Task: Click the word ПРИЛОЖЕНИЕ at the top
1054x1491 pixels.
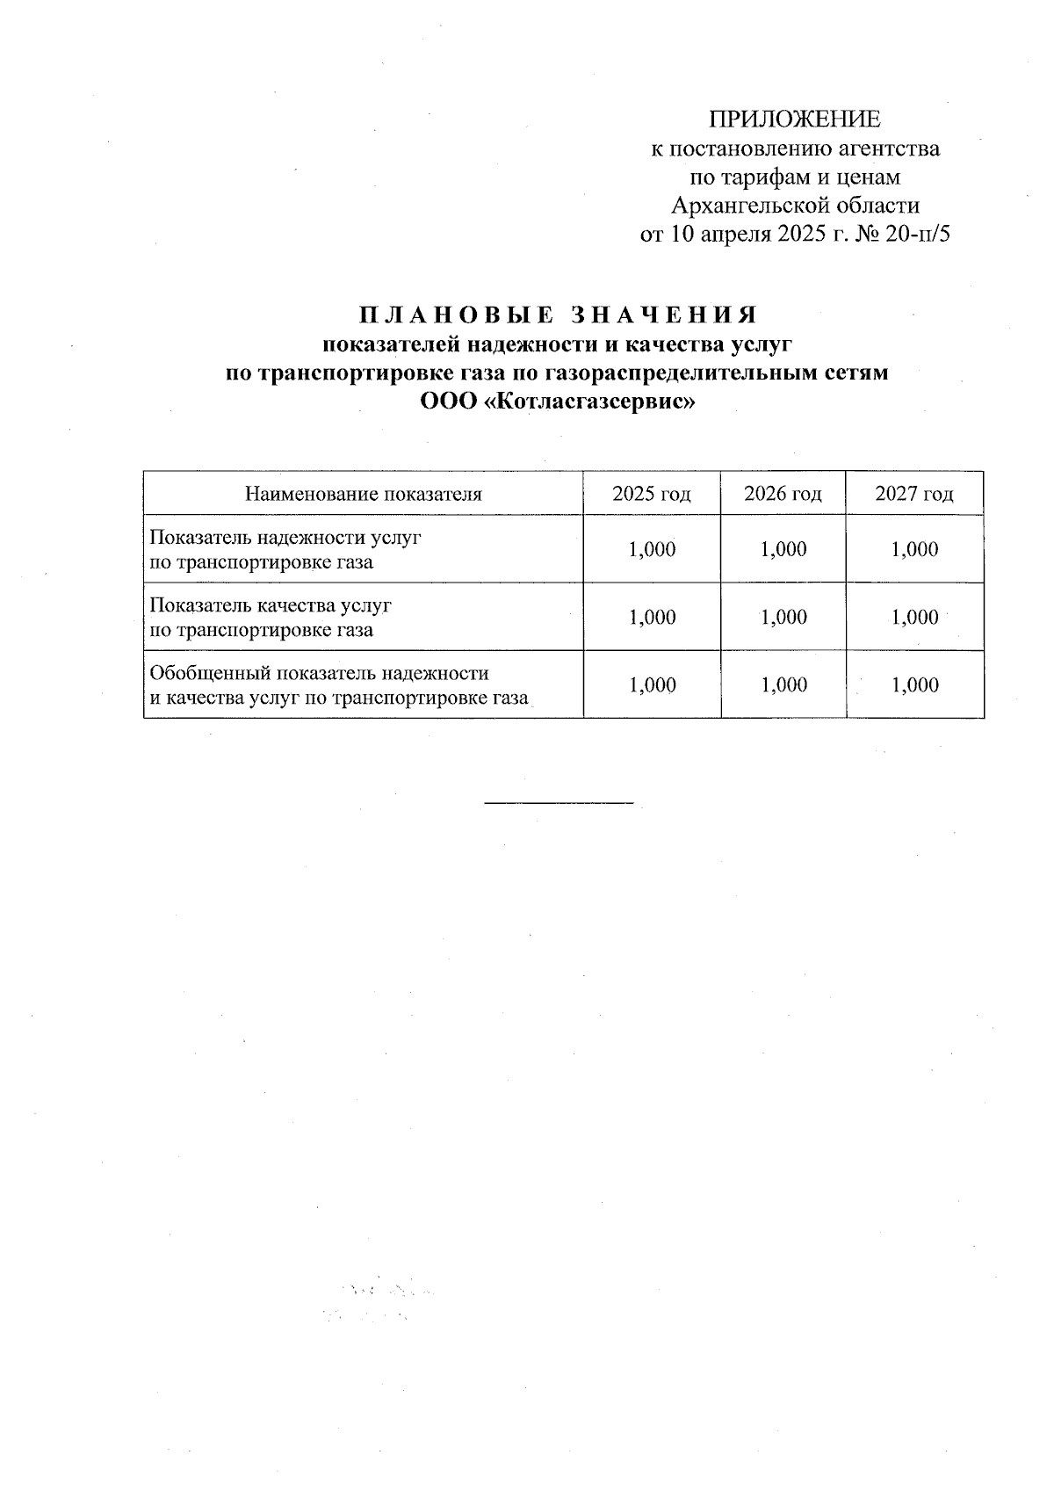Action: point(794,119)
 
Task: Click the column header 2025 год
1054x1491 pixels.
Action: point(652,494)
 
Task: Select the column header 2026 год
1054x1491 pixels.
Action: point(783,494)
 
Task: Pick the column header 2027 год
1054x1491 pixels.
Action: point(914,494)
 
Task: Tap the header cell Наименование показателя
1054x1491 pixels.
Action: point(364,494)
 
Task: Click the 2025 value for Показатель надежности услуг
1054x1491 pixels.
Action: point(652,550)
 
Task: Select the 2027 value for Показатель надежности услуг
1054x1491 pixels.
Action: point(914,550)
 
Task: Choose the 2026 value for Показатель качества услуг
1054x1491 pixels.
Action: point(783,618)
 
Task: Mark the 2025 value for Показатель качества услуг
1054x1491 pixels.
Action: point(652,618)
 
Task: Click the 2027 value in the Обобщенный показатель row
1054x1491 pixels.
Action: point(914,685)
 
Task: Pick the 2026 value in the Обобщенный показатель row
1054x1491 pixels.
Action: point(783,685)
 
